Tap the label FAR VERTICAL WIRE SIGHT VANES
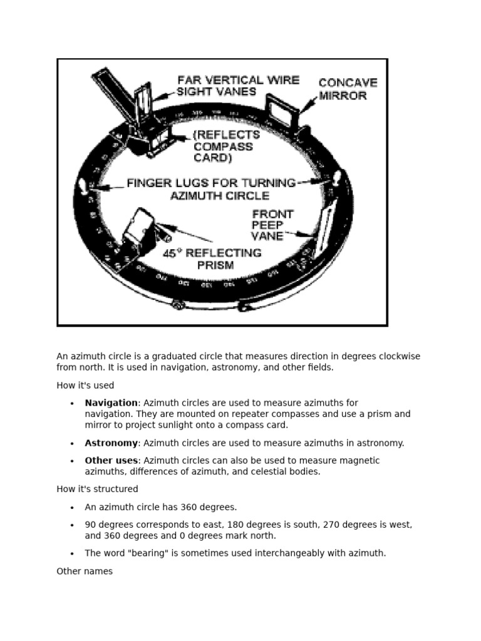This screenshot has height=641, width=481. pyautogui.click(x=237, y=85)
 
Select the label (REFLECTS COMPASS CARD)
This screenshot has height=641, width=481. pyautogui.click(x=226, y=146)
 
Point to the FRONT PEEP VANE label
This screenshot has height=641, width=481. pyautogui.click(x=272, y=225)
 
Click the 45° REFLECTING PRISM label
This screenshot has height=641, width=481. pyautogui.click(x=212, y=259)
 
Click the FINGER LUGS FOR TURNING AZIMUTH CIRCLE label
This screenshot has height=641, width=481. pyautogui.click(x=211, y=188)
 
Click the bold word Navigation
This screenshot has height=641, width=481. pyautogui.click(x=111, y=403)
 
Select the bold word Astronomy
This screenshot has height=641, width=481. pyautogui.click(x=111, y=443)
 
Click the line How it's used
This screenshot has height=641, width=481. pyautogui.click(x=85, y=386)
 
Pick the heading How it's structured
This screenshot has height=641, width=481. pyautogui.click(x=97, y=489)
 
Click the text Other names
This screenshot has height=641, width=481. pyautogui.click(x=85, y=572)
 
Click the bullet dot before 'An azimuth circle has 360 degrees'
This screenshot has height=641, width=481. pyautogui.click(x=73, y=508)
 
